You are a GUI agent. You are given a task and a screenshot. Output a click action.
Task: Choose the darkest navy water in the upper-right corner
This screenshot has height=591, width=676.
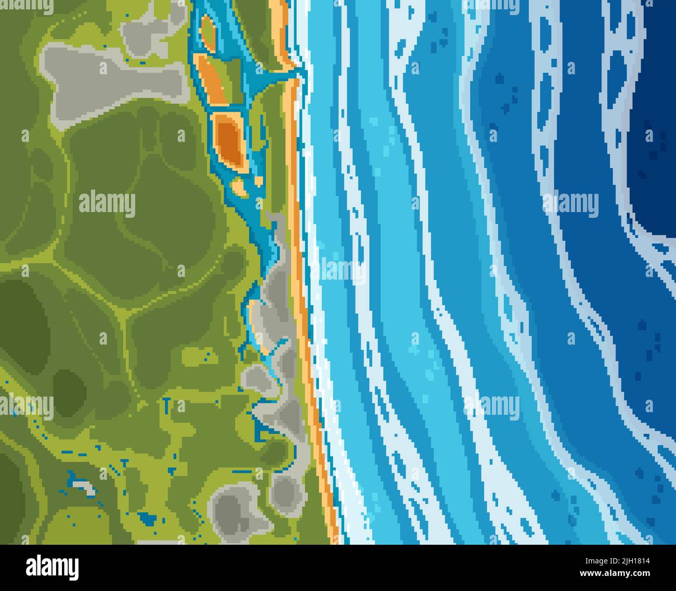tap(655, 104)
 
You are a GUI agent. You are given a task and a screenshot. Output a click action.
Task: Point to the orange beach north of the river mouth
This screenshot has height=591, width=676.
tap(281, 31)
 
